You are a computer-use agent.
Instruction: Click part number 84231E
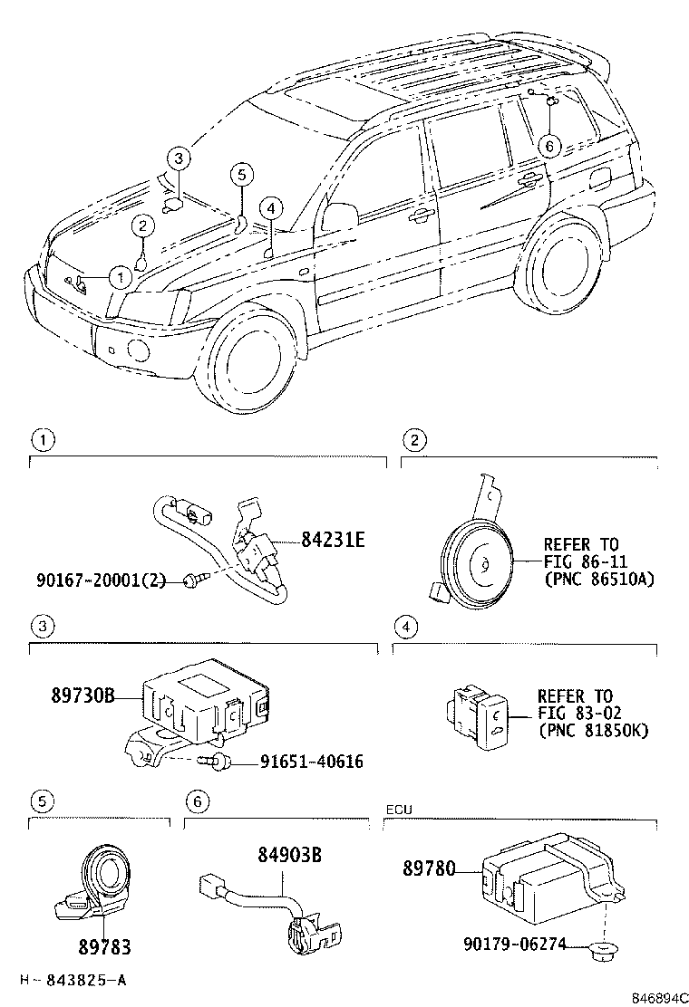pos(333,542)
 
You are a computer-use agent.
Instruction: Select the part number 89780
pos(432,869)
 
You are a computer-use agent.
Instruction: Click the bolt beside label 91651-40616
pos(218,763)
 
